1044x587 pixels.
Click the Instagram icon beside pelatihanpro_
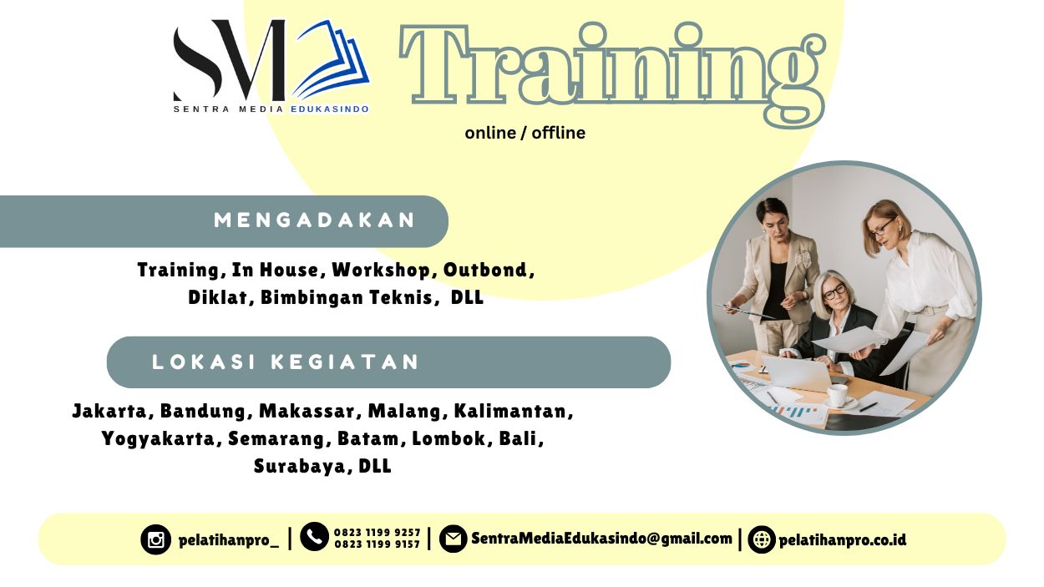click(155, 539)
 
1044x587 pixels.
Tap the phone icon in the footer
click(314, 537)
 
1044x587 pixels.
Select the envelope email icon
click(453, 539)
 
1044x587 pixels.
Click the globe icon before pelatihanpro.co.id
click(762, 539)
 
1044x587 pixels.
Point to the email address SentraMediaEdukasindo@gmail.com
click(601, 539)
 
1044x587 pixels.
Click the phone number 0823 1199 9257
click(377, 532)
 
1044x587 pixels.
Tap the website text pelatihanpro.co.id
click(842, 539)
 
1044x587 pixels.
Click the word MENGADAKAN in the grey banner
click(315, 220)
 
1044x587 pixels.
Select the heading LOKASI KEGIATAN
click(286, 362)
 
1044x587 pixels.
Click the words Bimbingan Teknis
click(349, 297)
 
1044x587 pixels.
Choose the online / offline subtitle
click(525, 133)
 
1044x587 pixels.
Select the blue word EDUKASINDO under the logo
click(330, 109)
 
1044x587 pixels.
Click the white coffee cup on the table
click(837, 393)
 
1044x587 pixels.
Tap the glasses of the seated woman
click(834, 291)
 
